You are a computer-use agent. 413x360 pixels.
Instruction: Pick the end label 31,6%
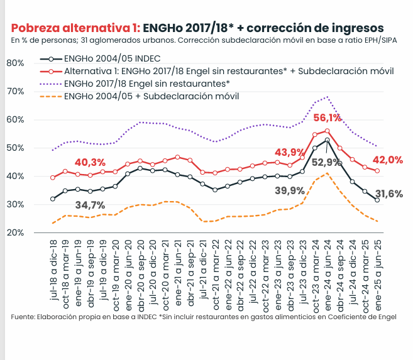[390, 194]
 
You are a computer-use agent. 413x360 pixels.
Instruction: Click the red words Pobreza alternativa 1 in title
[75, 28]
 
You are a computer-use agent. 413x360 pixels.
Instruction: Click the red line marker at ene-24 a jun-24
[328, 131]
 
